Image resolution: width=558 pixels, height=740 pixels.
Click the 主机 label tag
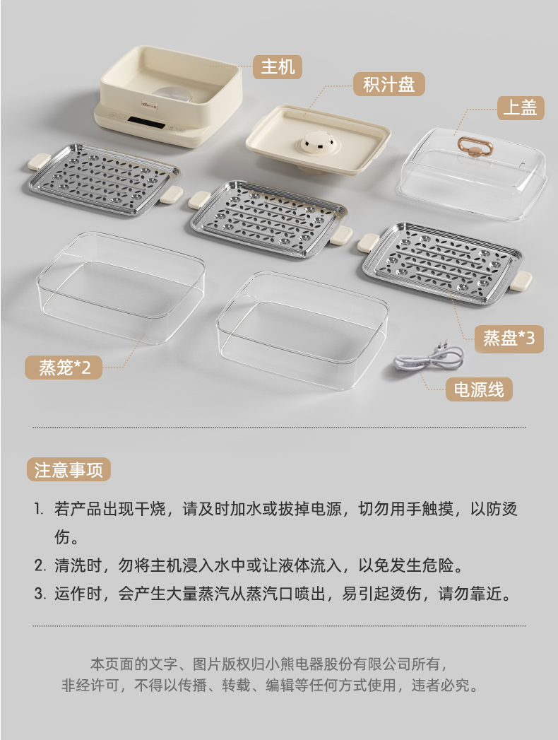[x=278, y=67]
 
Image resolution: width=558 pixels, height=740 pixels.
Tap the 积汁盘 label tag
[x=389, y=85]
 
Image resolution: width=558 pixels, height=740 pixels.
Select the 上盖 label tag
[x=521, y=107]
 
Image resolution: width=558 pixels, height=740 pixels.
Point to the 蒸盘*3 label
[x=509, y=339]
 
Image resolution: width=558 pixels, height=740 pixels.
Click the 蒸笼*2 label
[x=64, y=367]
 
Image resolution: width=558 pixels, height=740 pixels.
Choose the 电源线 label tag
[x=479, y=389]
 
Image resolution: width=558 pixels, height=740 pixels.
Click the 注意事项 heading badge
[x=69, y=469]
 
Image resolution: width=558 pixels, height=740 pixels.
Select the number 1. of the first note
[x=39, y=509]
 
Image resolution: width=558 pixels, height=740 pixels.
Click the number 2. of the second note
[x=40, y=565]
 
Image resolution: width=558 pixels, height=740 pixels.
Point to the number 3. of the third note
[x=40, y=593]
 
